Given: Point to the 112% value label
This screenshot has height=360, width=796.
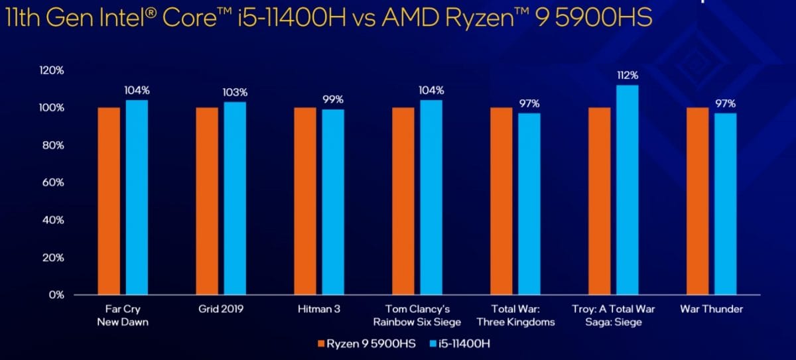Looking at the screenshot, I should click(x=627, y=75).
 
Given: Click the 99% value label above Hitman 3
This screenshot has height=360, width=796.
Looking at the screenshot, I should click(x=333, y=99).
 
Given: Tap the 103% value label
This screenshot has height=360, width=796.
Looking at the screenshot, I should click(x=235, y=92).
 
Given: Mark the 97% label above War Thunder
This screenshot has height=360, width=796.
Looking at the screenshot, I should click(x=726, y=103).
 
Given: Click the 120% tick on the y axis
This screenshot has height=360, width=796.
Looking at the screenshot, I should click(x=51, y=70).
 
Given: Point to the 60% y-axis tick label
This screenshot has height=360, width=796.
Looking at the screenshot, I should click(x=53, y=182).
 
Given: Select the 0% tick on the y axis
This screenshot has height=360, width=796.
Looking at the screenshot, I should click(x=56, y=294).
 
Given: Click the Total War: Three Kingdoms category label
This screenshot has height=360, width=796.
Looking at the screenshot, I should click(x=515, y=316).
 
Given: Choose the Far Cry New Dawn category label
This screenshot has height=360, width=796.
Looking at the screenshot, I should click(x=123, y=316).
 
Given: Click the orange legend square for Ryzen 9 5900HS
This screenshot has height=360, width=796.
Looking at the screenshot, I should click(x=322, y=343).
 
